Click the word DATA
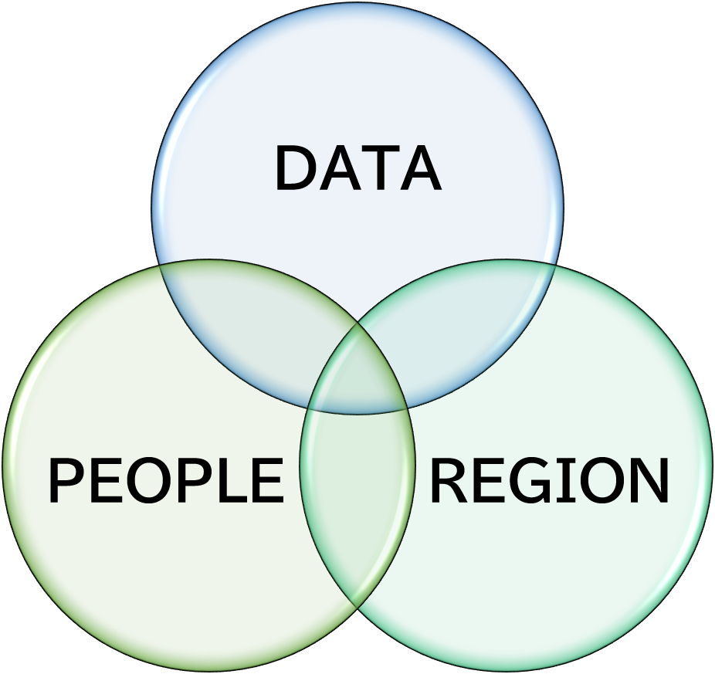358,168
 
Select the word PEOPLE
165,481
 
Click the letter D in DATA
295,168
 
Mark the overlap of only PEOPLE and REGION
357,493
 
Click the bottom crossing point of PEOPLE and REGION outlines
357,608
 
